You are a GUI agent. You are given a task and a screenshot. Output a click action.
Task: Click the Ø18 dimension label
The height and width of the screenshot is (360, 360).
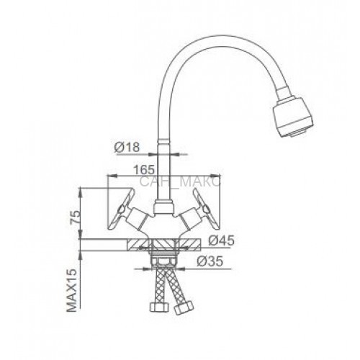127,147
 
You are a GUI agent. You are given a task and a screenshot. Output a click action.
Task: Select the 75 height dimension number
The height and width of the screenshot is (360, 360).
75,217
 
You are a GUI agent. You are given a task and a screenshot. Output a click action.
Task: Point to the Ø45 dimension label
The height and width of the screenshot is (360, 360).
221,240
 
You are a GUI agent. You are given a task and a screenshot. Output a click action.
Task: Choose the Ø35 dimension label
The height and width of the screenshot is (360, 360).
210,261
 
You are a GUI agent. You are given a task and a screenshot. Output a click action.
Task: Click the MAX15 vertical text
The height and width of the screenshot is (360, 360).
72,290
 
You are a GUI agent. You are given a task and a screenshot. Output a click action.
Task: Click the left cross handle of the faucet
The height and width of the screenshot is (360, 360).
120,209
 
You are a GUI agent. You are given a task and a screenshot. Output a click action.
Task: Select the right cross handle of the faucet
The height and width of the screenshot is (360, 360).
206,209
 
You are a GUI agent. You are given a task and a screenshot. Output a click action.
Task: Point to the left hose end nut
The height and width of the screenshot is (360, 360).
159,307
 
